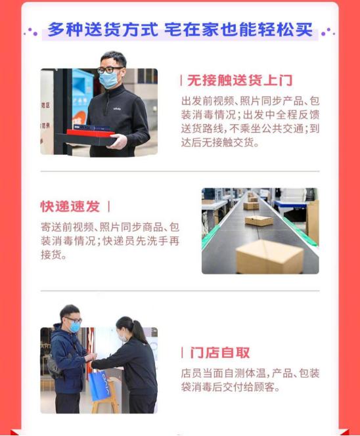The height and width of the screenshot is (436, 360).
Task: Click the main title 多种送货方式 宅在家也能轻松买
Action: coord(179,30)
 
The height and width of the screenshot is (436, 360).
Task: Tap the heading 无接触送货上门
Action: coord(240,81)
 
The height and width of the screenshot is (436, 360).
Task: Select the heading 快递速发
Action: coord(70,206)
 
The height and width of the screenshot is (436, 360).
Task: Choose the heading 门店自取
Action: coord(220,353)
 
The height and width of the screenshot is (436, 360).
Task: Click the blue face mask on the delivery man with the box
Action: coord(108,79)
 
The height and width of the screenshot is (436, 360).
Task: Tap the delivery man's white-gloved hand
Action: coord(116,141)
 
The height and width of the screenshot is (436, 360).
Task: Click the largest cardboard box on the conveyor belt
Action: coord(269,255)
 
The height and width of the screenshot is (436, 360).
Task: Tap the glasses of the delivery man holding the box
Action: coord(109,69)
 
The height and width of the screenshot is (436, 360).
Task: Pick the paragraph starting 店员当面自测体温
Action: coord(250,380)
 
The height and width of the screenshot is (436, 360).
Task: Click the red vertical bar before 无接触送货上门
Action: coord(182,81)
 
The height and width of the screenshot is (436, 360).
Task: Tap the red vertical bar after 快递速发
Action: coord(108,206)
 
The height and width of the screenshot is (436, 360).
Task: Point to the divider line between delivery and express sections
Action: coord(179,171)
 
